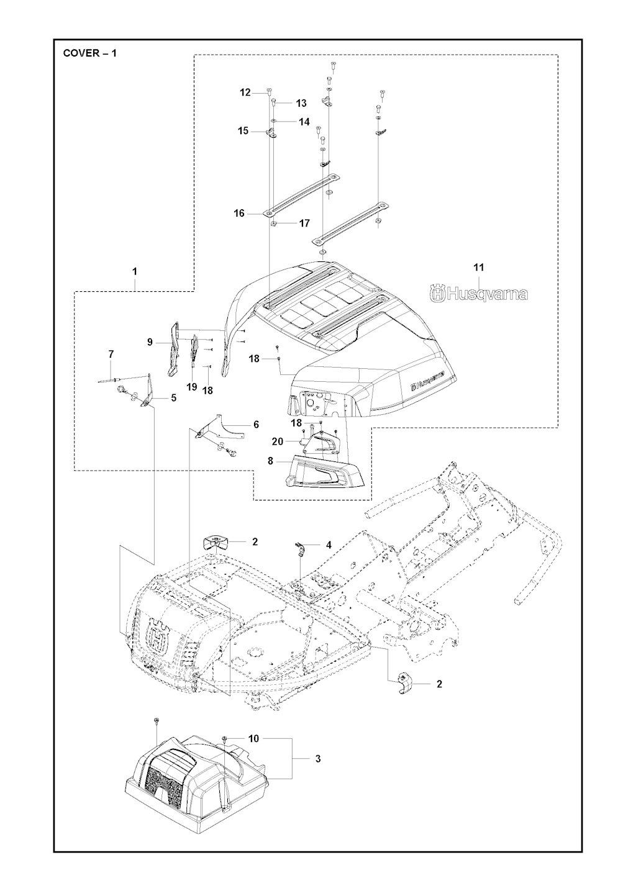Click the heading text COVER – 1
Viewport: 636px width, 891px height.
[x=90, y=53]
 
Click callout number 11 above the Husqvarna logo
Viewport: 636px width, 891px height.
[x=478, y=268]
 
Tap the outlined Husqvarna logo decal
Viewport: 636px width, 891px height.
[x=479, y=294]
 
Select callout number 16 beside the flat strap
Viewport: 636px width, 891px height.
[x=239, y=213]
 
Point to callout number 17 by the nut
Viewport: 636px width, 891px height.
[x=304, y=223]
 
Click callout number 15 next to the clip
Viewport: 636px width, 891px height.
[x=243, y=131]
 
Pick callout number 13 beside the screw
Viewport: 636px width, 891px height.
[x=301, y=103]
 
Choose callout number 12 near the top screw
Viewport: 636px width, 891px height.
[x=245, y=93]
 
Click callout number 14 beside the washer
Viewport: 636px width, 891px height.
[x=304, y=122]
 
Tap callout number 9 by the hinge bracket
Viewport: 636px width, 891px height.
[x=150, y=341]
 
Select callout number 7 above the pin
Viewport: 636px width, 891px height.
[x=111, y=355]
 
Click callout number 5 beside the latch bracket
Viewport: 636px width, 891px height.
[x=173, y=397]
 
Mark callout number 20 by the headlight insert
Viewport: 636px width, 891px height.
[x=278, y=441]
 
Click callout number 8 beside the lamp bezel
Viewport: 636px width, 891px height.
[x=270, y=461]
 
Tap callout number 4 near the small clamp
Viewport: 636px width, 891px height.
[x=329, y=545]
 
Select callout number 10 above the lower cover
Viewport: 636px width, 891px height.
[x=253, y=739]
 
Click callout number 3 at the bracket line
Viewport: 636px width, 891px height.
[x=318, y=759]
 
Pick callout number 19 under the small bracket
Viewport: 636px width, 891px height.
[x=191, y=387]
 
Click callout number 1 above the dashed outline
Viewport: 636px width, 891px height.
[x=135, y=271]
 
